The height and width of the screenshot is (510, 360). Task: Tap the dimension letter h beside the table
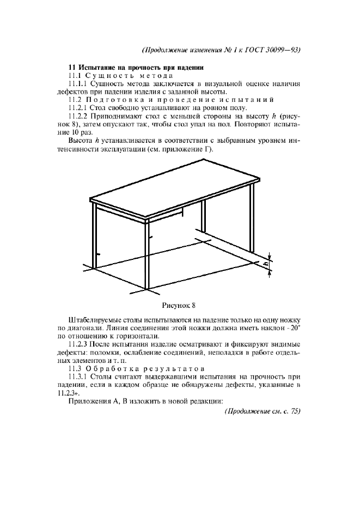click(266, 264)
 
